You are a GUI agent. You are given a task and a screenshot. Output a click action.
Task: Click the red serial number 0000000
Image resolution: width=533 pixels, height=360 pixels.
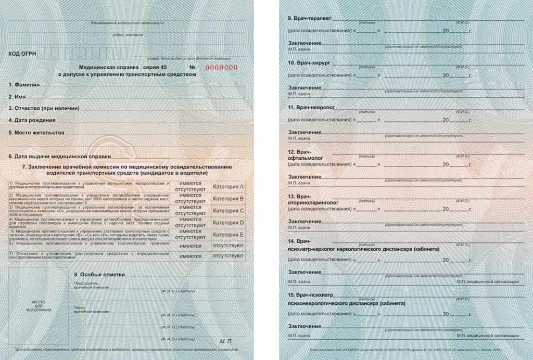[x=221, y=68]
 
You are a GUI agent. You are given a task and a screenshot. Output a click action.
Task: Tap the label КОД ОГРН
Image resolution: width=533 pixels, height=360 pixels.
[x=22, y=54]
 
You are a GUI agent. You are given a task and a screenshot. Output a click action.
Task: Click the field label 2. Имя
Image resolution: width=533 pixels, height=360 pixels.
[x=18, y=97]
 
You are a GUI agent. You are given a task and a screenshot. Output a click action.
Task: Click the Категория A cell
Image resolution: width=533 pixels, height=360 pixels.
[x=229, y=187]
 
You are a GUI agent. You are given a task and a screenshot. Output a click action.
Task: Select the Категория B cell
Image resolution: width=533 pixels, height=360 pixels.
[x=229, y=199]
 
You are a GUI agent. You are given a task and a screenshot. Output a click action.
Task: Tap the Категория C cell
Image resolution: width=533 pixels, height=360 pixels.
[x=229, y=211]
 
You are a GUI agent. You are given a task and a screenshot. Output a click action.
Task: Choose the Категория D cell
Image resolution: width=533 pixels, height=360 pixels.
[x=229, y=223]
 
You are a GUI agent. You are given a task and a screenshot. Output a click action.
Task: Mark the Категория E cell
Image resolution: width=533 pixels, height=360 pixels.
[x=229, y=235]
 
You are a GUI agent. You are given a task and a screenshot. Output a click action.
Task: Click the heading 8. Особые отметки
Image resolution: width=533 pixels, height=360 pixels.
[x=99, y=274]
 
